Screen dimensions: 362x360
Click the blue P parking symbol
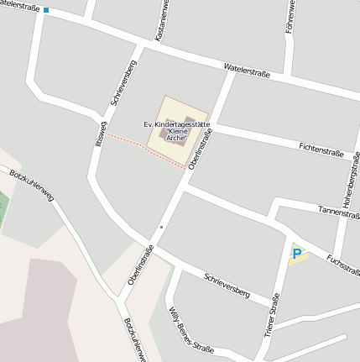297,253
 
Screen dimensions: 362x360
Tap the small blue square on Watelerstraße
45,11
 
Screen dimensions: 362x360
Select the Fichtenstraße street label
321,150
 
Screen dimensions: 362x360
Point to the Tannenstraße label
339,212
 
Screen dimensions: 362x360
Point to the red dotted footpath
143,149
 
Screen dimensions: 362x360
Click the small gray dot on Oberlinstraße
161,227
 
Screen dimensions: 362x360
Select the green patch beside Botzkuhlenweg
3,207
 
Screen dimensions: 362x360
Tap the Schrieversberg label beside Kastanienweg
123,83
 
